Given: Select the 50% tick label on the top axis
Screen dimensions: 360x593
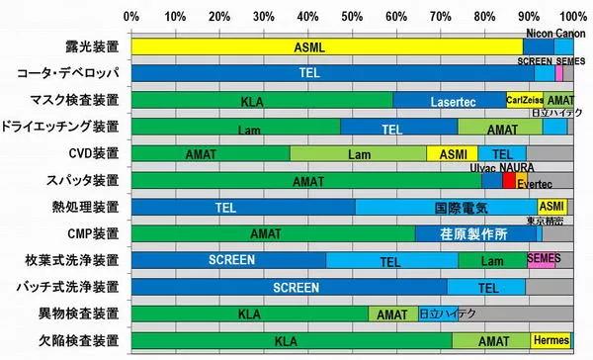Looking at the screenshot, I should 351,17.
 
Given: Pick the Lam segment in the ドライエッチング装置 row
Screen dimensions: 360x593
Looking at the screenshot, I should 235,128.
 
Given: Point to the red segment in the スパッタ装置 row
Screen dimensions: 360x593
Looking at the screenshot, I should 508,181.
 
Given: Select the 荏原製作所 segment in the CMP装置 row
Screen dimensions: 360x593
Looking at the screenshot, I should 475,234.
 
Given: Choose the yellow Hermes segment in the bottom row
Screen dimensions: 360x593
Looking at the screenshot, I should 551,341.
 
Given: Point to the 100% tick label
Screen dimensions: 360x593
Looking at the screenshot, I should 572,17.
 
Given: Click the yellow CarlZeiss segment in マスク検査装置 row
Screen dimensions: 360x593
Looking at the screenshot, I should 524,100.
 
